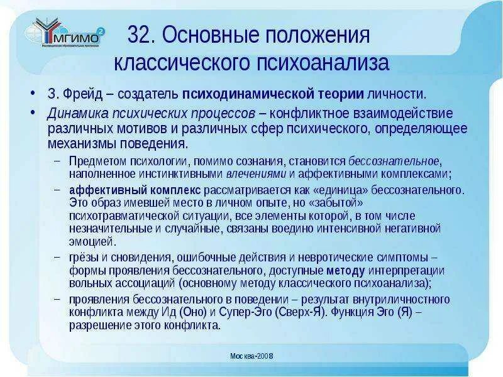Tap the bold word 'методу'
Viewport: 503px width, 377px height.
345,270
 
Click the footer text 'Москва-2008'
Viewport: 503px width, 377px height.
251,356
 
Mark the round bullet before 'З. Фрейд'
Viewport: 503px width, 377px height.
32,95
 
